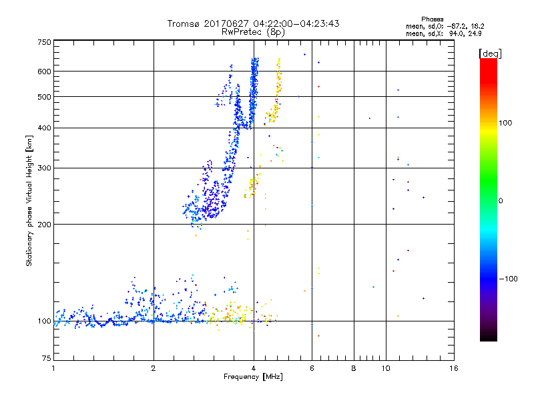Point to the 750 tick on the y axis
44,42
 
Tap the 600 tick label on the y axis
44,72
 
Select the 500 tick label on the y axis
44,97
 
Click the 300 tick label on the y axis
44,168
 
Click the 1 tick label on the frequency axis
53,368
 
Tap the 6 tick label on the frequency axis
312,368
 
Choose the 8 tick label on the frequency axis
354,368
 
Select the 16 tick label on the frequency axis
453,368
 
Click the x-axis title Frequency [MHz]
253,377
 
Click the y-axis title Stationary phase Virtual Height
29,201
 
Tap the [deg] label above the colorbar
489,53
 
